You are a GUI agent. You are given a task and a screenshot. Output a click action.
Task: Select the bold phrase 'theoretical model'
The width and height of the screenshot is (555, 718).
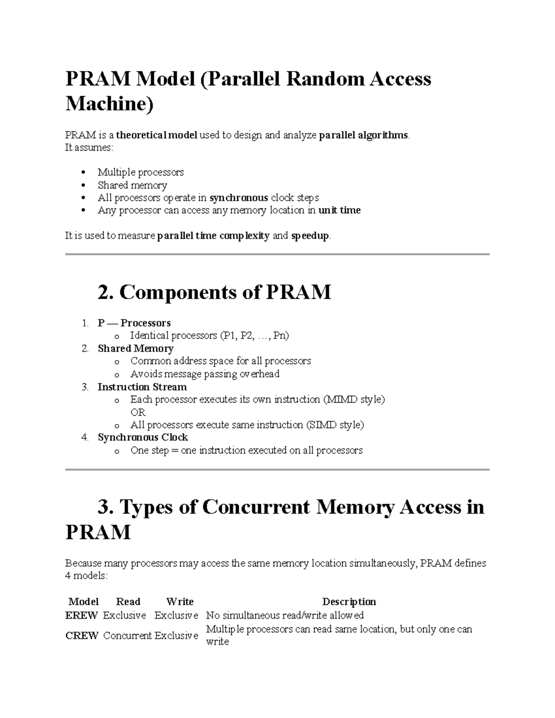(x=156, y=135)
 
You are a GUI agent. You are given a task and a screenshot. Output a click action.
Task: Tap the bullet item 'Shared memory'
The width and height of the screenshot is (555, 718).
(x=132, y=185)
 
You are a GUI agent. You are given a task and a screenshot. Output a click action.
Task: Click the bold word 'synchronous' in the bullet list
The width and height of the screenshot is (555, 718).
(x=239, y=198)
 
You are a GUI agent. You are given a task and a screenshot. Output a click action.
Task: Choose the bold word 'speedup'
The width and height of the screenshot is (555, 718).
(x=310, y=236)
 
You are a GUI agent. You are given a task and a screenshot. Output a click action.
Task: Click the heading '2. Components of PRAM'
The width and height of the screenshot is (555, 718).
(x=214, y=292)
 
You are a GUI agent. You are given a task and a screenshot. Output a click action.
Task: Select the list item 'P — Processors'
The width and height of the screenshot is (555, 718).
(x=134, y=323)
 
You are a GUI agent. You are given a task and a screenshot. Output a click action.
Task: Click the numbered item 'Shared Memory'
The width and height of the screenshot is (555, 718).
(x=136, y=349)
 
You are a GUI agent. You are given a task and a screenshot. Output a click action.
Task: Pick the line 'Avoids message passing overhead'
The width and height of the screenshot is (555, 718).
(x=205, y=374)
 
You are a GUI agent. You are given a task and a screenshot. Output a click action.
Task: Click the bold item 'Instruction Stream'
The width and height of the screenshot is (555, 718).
(x=142, y=387)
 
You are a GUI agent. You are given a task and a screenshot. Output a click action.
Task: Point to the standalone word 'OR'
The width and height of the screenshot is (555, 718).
(x=138, y=412)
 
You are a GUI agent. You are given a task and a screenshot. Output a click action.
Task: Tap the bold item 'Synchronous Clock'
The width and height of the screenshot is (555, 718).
(x=142, y=437)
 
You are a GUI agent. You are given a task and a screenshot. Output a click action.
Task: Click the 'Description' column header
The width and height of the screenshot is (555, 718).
(x=349, y=601)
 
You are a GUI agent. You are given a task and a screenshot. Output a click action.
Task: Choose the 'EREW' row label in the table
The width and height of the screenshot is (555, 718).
(x=81, y=615)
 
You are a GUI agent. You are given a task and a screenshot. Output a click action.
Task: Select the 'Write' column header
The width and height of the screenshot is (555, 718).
(x=179, y=601)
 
